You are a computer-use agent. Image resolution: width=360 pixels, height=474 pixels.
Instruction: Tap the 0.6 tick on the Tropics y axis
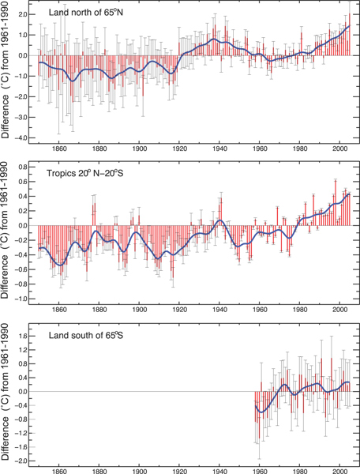point(24,179)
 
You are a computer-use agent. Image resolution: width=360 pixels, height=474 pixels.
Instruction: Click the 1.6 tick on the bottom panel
point(24,336)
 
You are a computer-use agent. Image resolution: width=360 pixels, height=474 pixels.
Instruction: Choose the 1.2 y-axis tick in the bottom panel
point(24,350)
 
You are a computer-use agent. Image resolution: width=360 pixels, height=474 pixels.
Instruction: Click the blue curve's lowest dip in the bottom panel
point(261,412)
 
